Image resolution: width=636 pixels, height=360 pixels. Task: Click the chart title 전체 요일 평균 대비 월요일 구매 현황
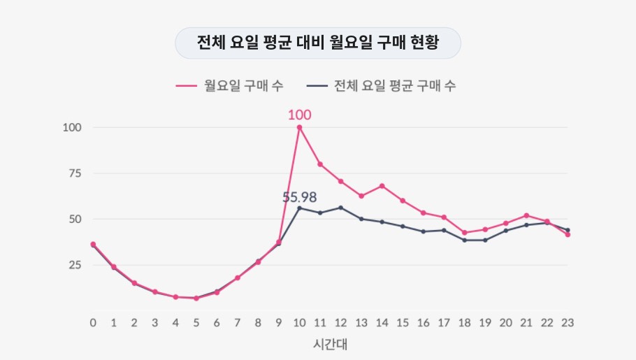click(317, 43)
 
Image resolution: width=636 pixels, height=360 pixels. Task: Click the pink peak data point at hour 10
click(299, 127)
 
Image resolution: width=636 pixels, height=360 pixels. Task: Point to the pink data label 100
click(299, 115)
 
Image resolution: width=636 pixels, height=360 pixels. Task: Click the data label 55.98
click(299, 197)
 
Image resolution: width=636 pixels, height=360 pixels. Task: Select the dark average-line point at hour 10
click(299, 208)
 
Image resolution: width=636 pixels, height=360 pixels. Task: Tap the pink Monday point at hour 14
click(382, 186)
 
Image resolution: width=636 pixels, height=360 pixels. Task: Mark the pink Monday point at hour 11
click(320, 164)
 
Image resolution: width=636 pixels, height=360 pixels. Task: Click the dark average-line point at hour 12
click(340, 208)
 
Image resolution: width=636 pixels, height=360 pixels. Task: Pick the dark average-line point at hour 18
click(465, 240)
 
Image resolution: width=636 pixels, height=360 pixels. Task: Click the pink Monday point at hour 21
click(526, 215)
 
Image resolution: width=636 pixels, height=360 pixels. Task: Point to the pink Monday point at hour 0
click(93, 244)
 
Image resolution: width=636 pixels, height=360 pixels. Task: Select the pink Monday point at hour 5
click(196, 298)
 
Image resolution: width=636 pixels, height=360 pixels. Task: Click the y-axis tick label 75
click(75, 173)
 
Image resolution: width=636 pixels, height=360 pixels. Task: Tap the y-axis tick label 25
click(75, 265)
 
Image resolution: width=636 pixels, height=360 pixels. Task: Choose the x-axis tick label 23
click(568, 322)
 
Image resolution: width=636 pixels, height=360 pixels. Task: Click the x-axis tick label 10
click(299, 322)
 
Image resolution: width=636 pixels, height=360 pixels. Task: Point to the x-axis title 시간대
click(329, 345)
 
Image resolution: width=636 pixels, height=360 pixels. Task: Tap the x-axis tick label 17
click(444, 322)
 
